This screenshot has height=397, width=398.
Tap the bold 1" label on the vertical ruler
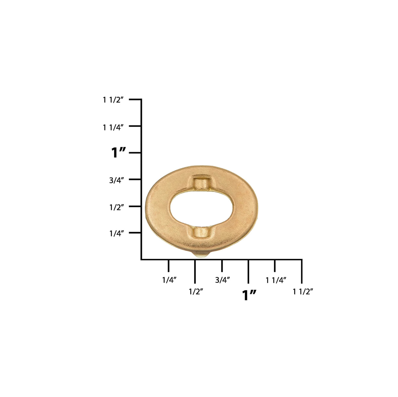(x=118, y=153)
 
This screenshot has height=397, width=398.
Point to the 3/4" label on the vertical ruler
(x=116, y=180)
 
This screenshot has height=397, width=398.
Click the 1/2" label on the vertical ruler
(x=116, y=207)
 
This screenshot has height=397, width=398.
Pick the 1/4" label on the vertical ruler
(x=116, y=233)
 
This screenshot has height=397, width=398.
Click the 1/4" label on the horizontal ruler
(x=169, y=280)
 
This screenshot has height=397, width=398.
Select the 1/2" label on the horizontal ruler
(x=196, y=291)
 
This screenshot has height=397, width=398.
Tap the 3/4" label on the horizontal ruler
(x=223, y=280)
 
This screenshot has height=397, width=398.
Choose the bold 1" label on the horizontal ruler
(x=249, y=295)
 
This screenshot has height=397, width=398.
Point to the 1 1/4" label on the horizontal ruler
(x=276, y=280)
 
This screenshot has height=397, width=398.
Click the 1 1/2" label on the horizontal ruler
(x=303, y=291)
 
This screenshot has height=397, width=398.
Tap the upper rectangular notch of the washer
(x=201, y=183)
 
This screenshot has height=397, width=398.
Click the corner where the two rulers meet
(x=141, y=260)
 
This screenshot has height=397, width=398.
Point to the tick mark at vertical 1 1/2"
(x=135, y=99)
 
